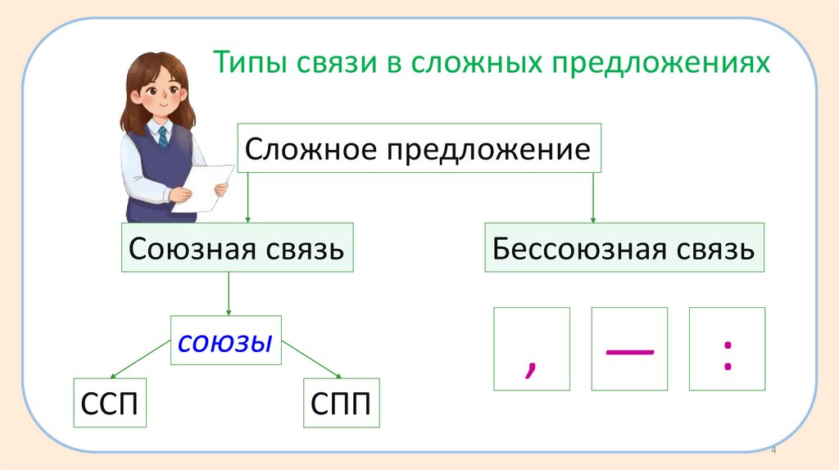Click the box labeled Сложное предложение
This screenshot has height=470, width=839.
point(419,149)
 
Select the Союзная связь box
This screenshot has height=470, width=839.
point(237,247)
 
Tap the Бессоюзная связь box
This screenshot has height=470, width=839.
point(624,247)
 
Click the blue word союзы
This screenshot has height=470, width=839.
point(225,341)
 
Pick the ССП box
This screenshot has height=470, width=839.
point(110,402)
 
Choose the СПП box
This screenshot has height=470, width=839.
point(341,402)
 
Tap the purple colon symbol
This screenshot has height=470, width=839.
point(727,357)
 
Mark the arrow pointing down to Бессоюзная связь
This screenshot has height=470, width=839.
point(593,197)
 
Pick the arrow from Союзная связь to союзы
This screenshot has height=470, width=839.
point(229,295)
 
